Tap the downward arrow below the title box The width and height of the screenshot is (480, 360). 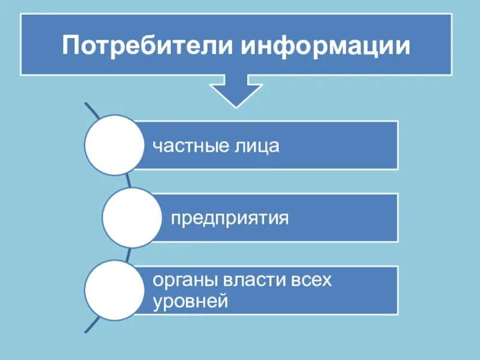[236, 91]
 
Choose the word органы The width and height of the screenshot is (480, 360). [185, 280]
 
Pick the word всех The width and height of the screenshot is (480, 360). [313, 280]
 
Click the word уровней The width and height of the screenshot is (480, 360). [191, 301]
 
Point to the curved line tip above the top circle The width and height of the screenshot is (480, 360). [87, 106]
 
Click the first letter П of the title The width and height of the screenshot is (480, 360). [71, 46]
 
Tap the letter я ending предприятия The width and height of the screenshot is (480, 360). [284, 218]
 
